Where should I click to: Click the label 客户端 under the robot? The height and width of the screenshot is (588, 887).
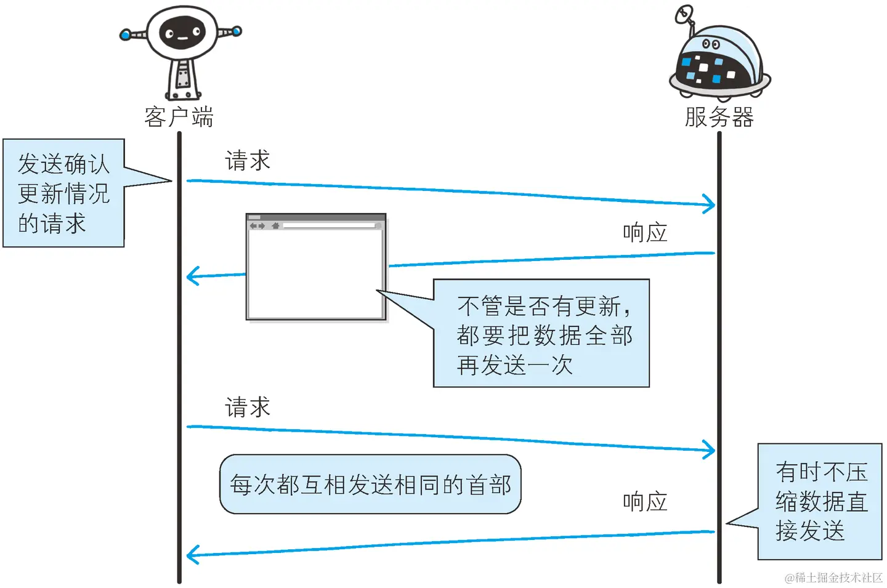179,116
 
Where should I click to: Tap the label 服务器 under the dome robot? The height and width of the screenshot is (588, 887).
719,116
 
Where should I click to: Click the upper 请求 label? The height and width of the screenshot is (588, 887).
248,161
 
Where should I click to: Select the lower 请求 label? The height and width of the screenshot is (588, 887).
248,407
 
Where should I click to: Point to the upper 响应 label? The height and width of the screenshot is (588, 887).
645,233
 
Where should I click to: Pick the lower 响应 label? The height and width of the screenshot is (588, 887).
645,502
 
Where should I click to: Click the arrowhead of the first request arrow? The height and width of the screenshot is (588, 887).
710,204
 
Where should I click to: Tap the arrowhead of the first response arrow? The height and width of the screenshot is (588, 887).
192,276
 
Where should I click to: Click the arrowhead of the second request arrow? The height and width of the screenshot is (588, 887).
710,449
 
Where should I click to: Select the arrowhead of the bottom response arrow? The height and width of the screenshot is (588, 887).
192,555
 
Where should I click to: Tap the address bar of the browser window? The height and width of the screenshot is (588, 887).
329,226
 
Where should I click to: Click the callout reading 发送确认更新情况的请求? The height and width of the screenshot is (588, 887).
63,193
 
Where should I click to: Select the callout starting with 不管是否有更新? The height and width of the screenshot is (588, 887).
541,334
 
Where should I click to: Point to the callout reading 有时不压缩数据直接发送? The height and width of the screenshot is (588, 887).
820,502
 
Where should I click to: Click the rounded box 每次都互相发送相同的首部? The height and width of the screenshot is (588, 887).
370,485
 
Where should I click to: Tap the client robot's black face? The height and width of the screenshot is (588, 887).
182,33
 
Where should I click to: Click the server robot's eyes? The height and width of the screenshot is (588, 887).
711,44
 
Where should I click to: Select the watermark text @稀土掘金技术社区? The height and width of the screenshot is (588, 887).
833,578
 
